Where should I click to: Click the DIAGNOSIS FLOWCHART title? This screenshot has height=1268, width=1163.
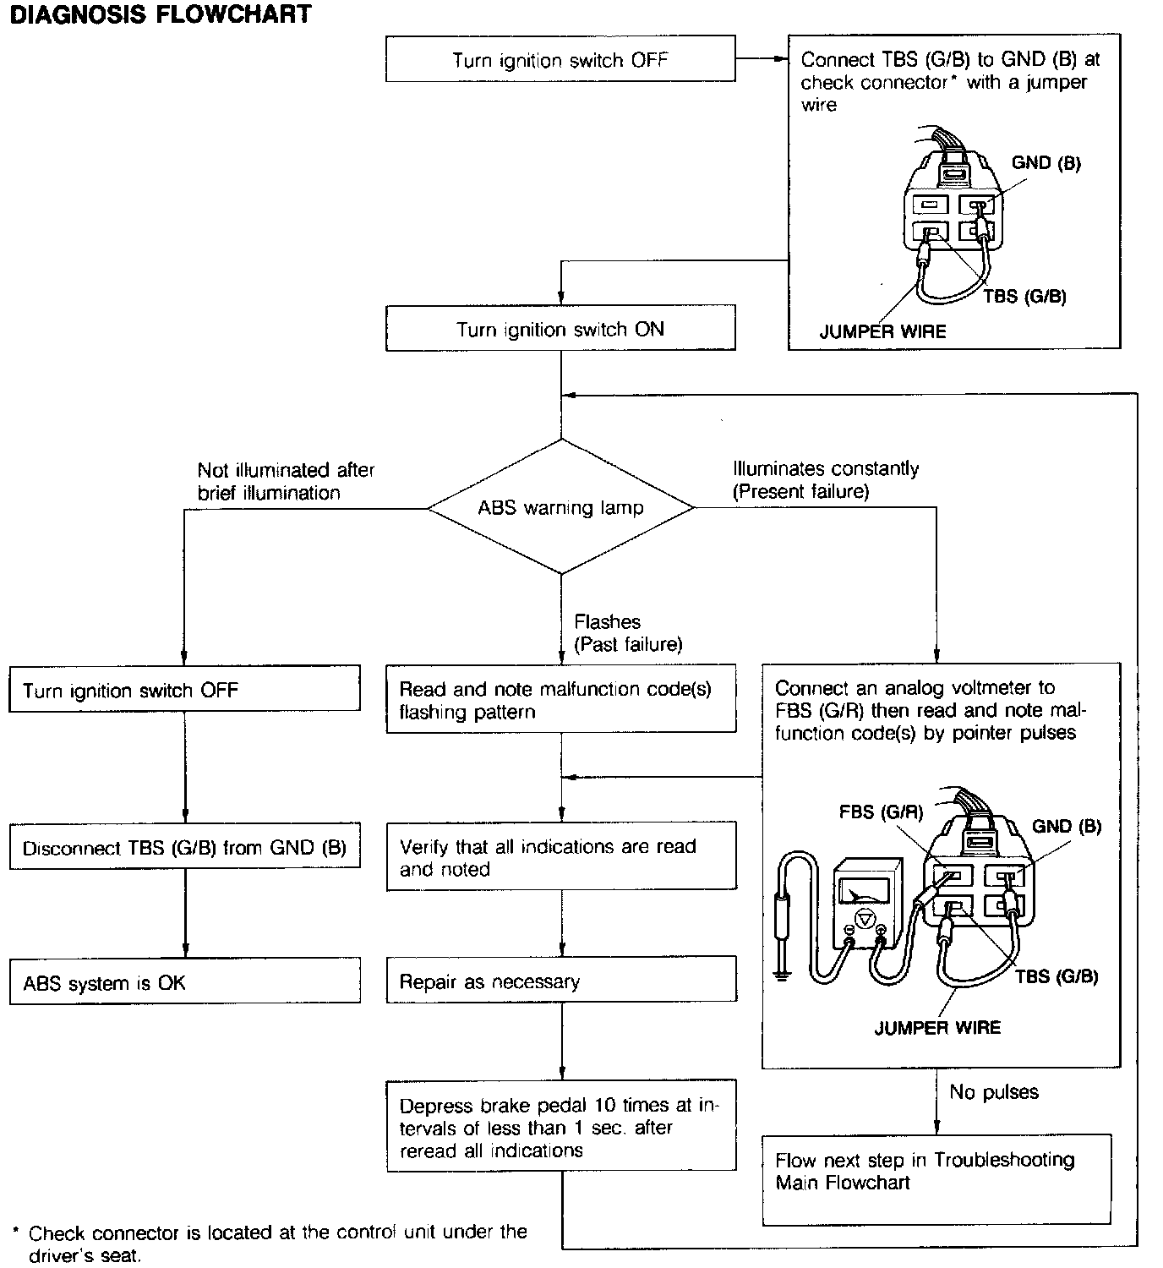pos(161,15)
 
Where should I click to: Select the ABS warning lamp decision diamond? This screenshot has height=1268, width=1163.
pos(560,507)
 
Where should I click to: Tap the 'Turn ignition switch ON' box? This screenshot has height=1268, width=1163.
pos(560,329)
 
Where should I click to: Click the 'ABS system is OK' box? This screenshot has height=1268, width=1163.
pos(184,981)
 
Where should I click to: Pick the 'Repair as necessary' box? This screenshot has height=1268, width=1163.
pos(560,981)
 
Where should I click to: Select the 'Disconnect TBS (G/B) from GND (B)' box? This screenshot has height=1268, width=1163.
pos(184,847)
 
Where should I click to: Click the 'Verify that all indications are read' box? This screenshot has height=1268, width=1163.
pos(560,856)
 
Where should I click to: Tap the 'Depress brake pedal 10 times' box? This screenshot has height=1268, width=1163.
pos(560,1127)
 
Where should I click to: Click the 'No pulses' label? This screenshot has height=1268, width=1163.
pos(994,1092)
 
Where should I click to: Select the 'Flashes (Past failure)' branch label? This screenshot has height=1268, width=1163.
pos(627,633)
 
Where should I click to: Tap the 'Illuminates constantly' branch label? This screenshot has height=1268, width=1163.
pos(826,479)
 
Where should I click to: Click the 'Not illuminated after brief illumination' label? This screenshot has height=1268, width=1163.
pos(286,481)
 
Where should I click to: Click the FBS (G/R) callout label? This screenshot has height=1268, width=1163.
pos(881,812)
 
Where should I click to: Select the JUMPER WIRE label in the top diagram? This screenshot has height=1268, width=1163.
pos(882,331)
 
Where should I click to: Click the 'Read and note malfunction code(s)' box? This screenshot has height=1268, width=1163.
pos(560,700)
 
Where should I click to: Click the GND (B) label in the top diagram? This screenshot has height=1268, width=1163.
pos(1046,163)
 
